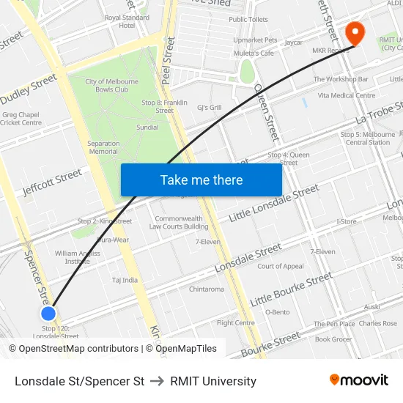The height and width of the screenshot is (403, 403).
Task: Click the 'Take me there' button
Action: point(202,180)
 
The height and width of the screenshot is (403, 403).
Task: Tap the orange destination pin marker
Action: point(355,32)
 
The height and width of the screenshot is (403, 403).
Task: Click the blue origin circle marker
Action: point(48,314)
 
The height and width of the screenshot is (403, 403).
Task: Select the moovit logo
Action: point(359,380)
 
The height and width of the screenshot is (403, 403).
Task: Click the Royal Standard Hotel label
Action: point(127,21)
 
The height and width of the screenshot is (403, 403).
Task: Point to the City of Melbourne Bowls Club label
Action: point(117,85)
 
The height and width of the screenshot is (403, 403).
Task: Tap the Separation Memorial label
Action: point(103,147)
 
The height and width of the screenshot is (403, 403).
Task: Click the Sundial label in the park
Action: point(147,127)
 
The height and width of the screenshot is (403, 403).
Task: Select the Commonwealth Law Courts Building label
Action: point(179,223)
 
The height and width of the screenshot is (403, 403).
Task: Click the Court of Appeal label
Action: point(281,267)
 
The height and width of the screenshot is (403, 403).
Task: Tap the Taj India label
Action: point(125,280)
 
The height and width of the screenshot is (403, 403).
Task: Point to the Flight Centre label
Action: point(235,322)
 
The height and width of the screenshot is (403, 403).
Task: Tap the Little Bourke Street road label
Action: point(291,290)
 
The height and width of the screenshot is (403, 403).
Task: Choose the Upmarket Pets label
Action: point(255,40)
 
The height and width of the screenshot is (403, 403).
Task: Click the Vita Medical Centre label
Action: point(347,95)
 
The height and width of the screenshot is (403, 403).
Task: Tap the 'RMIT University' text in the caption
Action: point(213,381)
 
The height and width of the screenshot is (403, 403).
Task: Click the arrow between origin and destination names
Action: point(157,381)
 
